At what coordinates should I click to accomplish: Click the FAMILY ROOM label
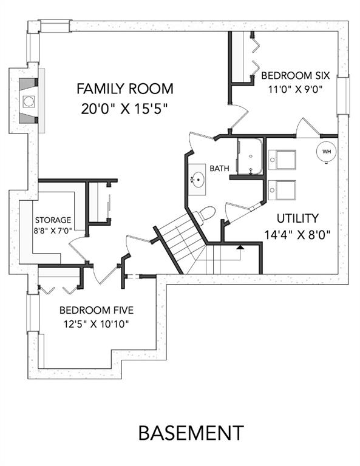[x=125, y=89]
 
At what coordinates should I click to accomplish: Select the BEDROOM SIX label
[x=296, y=75]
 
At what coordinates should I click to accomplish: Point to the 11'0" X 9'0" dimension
[x=296, y=89]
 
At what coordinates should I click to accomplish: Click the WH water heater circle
[x=327, y=152]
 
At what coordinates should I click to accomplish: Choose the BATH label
[x=219, y=169]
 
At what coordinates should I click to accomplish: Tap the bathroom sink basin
[x=197, y=180]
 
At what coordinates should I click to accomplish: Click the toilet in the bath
[x=204, y=215]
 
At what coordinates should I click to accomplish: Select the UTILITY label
[x=297, y=218]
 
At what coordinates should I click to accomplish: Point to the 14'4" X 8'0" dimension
[x=297, y=235]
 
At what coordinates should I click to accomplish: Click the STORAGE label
[x=53, y=220]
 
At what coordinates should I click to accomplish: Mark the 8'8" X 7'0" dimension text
[x=53, y=231]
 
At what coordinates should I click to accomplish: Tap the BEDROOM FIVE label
[x=97, y=310]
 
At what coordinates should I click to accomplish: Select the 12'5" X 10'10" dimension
[x=97, y=323]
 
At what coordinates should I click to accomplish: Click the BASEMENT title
[x=191, y=433]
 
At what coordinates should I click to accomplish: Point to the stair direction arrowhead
[x=240, y=247]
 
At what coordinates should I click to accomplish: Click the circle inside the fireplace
[x=29, y=101]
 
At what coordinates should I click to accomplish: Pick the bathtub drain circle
[x=251, y=156]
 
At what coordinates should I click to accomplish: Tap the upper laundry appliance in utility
[x=282, y=160]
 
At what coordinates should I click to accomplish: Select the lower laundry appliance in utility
[x=282, y=190]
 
